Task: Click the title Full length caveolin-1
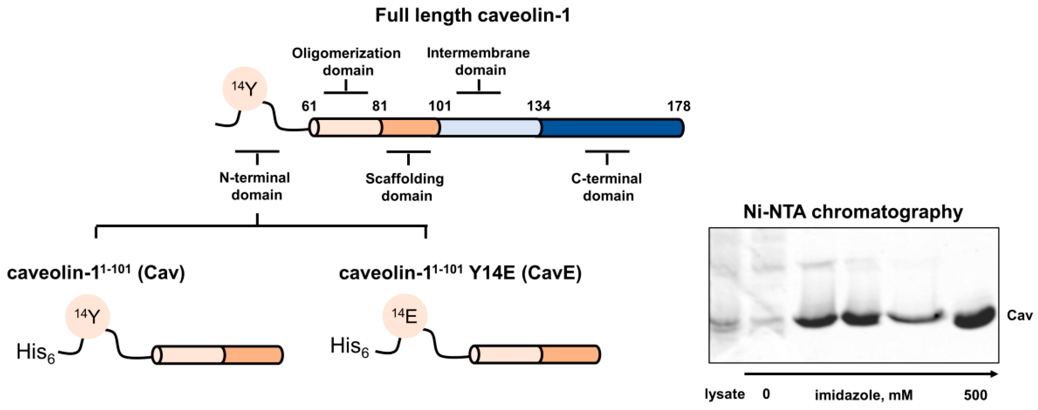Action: pyautogui.click(x=472, y=15)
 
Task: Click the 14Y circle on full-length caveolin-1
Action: pyautogui.click(x=245, y=89)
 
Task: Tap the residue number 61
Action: pyautogui.click(x=309, y=106)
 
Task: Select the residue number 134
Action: pyautogui.click(x=538, y=106)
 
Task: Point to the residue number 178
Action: pyautogui.click(x=679, y=106)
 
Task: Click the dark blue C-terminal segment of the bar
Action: pyautogui.click(x=611, y=128)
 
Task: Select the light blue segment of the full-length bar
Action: pyautogui.click(x=489, y=128)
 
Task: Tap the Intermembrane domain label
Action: pyautogui.click(x=479, y=61)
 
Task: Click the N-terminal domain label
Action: pyautogui.click(x=255, y=186)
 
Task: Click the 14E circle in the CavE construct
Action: pyautogui.click(x=405, y=316)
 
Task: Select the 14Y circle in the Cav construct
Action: pyautogui.click(x=88, y=316)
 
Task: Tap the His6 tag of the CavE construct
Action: pyautogui.click(x=349, y=347)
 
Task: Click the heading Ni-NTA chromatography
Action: pyautogui.click(x=853, y=212)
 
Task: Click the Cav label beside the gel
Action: pyautogui.click(x=1019, y=315)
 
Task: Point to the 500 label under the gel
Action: pyautogui.click(x=975, y=395)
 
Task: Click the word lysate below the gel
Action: pyautogui.click(x=724, y=394)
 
